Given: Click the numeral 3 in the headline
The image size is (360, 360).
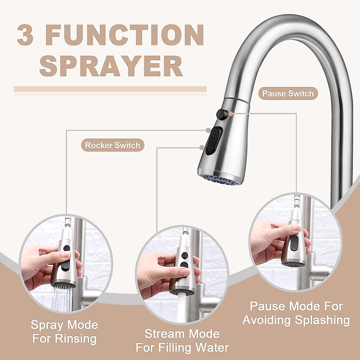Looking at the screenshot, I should click(25, 35).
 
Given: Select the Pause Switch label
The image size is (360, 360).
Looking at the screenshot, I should click(288, 94).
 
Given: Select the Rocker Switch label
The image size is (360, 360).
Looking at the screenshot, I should click(112, 145).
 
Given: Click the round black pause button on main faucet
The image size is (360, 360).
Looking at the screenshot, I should click(220, 114).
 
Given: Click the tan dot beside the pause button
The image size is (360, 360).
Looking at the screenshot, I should click(230, 114).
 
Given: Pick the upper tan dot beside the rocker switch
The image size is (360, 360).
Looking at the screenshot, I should click(208, 130).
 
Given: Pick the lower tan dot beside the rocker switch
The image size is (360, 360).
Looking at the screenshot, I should click(202, 147).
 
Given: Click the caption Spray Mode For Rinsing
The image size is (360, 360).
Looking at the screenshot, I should click(64, 332).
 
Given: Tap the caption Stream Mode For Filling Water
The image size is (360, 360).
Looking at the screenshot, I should click(182, 341).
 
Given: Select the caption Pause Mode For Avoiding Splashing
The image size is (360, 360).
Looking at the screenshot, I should click(296, 313).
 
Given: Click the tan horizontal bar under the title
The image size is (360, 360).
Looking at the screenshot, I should click(110, 89).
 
